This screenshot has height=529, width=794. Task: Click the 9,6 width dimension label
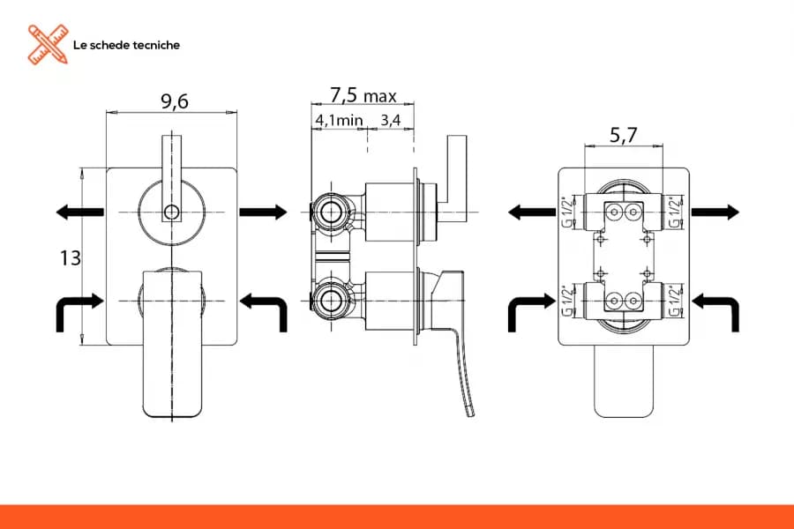pos(175,101)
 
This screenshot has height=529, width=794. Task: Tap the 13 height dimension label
pos(71,258)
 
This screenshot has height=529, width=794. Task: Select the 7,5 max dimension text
pos(363,94)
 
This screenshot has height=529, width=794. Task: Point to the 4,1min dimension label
pos(339,120)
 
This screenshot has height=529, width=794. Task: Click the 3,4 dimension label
pos(391,120)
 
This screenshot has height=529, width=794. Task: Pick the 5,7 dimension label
pos(624,135)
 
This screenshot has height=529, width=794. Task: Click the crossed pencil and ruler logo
pos(48,45)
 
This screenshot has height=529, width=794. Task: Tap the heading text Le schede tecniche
pos(126,45)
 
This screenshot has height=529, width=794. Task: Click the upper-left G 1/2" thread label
pos(568,211)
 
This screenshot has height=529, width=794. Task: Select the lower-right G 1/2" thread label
pos(676,301)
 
